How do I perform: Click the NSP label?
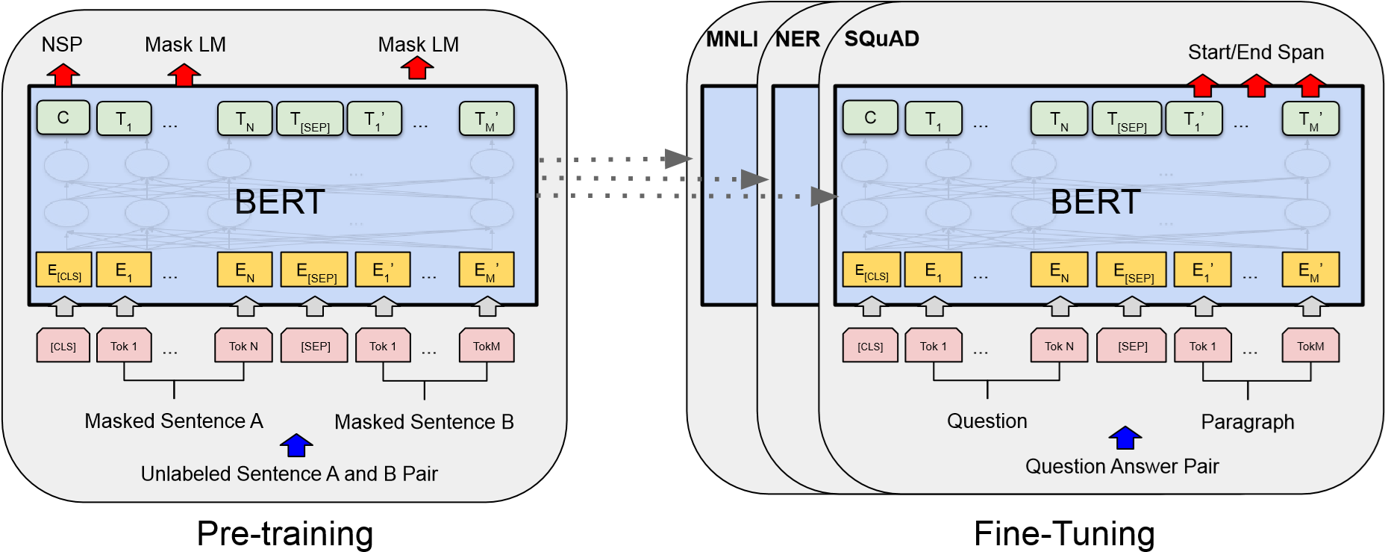coord(62,45)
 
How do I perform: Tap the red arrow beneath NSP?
coord(63,75)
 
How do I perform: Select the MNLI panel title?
coord(731,39)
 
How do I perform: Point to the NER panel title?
coord(797,39)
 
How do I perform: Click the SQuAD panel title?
coord(881,39)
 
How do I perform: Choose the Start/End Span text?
coord(1256,52)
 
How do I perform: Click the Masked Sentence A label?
coord(174,421)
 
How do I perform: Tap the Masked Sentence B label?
coord(424,422)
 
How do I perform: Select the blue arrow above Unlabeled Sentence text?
coord(296,445)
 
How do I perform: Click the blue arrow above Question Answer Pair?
coord(1125,438)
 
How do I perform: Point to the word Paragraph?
coord(1247,422)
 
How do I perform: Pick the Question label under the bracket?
coord(987,421)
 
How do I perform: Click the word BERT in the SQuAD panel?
coord(1095,202)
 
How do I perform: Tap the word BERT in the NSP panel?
coord(280,202)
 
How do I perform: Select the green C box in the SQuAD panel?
coord(870,118)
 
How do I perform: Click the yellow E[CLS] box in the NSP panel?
coord(64,270)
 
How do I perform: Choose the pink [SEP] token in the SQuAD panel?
coord(1132,346)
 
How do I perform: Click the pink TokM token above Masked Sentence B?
coord(487,346)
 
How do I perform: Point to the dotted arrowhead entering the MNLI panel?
coord(678,158)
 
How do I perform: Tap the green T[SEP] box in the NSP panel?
coord(310,119)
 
